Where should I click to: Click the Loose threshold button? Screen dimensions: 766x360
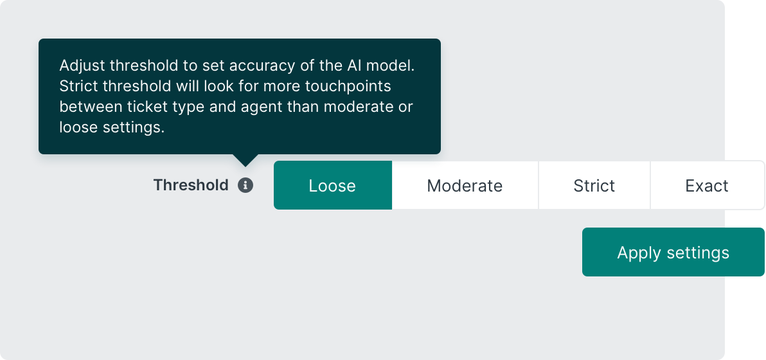tap(333, 185)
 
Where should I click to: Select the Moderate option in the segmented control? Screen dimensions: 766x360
tap(465, 185)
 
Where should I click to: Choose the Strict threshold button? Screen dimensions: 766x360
tap(594, 185)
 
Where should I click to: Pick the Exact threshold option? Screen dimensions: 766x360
tap(707, 185)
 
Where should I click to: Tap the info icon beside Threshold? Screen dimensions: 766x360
tap(245, 185)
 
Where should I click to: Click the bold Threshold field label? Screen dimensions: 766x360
tap(190, 185)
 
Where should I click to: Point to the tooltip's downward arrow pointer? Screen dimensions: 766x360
tap(245, 160)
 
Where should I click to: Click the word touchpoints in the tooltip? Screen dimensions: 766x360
tap(348, 86)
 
